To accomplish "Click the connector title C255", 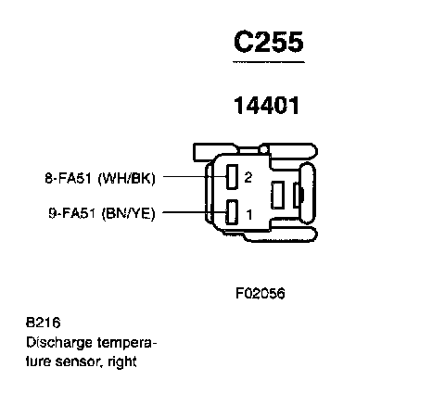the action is (x=269, y=42).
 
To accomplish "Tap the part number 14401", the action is (x=267, y=106).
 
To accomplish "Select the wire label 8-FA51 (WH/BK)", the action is (x=100, y=178).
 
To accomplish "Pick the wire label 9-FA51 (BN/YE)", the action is (x=102, y=213).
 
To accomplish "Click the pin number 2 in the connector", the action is (x=248, y=177).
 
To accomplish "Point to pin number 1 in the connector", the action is (x=249, y=214).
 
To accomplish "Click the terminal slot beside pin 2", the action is (x=232, y=177).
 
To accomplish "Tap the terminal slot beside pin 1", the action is (x=232, y=212).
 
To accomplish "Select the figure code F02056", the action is (x=260, y=293).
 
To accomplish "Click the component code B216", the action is (x=44, y=323).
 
